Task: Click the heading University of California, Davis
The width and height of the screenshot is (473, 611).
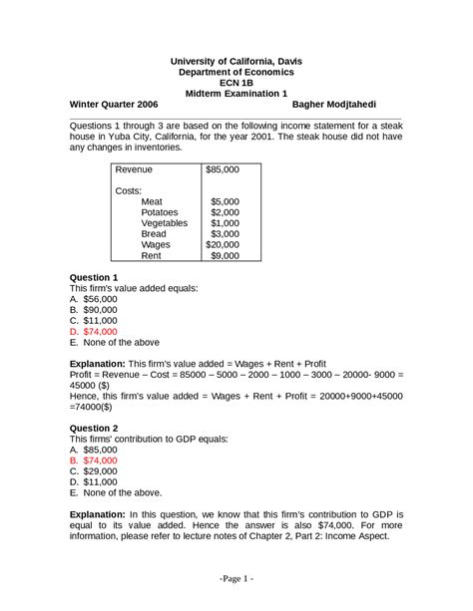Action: (x=236, y=61)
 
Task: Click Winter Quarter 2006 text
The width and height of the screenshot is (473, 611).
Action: (x=114, y=104)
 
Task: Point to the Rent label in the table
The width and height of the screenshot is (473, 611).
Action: (x=152, y=255)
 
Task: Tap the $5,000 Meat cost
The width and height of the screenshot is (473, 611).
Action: (x=225, y=200)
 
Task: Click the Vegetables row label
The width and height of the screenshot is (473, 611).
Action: (x=164, y=223)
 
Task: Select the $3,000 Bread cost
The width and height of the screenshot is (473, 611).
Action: (x=225, y=234)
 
